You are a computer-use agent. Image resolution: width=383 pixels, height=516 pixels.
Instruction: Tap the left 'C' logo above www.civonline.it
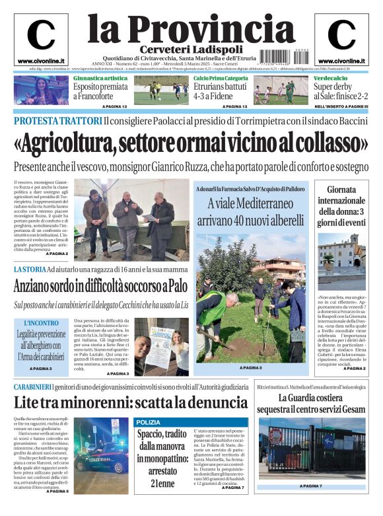tap(41, 35)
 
